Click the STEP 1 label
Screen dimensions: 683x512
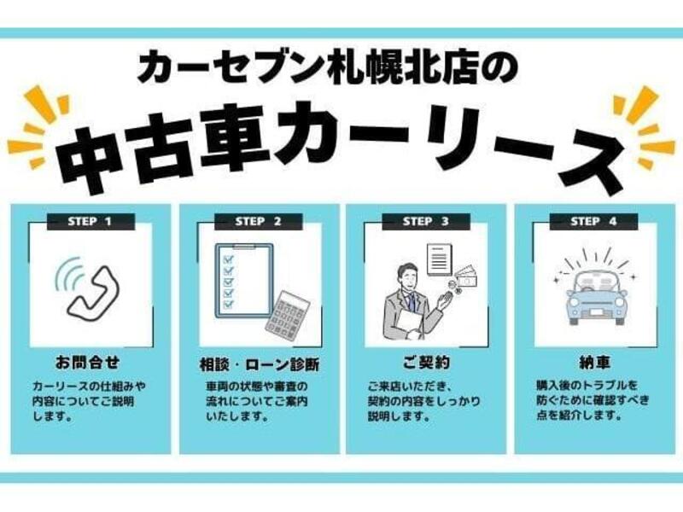point(90,222)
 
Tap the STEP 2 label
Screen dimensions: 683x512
point(258,222)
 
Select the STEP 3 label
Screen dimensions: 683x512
point(425,222)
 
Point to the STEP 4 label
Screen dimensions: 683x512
point(593,222)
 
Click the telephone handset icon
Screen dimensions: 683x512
point(93,291)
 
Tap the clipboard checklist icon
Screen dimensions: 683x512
point(244,281)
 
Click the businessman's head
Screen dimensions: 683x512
point(407,276)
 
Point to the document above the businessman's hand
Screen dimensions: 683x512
point(440,260)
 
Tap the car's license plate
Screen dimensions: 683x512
point(597,311)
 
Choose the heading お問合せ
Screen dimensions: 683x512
point(88,362)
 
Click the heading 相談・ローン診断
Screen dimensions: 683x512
point(260,364)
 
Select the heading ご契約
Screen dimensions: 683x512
point(426,362)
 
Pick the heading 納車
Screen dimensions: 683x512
point(594,362)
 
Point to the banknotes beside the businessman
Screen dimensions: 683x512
point(466,276)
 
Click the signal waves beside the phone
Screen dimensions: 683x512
point(68,272)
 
